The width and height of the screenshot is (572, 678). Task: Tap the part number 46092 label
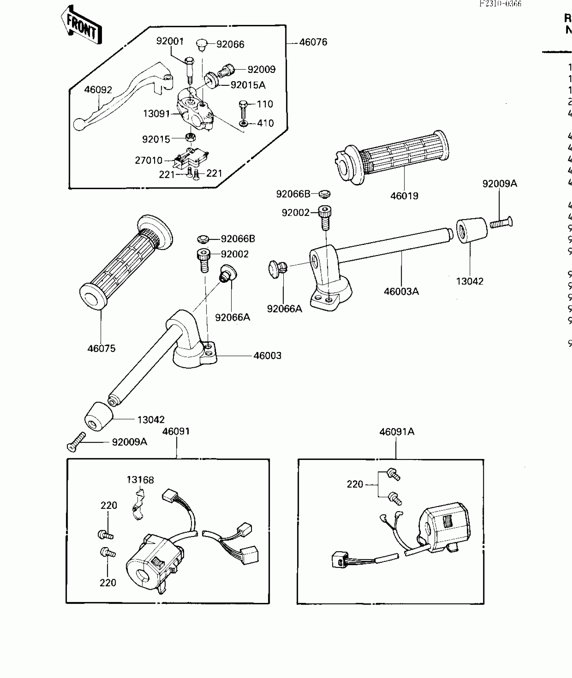(98, 90)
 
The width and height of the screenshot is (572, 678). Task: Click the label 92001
(170, 41)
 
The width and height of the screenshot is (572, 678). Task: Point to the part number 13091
(156, 114)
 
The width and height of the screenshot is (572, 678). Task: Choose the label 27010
(149, 160)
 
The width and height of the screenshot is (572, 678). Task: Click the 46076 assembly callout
(313, 42)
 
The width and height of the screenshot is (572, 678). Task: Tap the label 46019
(404, 196)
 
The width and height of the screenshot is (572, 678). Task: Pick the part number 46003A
(401, 291)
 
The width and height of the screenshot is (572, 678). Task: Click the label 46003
(267, 356)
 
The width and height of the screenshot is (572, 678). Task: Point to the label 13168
(140, 480)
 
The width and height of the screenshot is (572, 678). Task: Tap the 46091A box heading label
(397, 432)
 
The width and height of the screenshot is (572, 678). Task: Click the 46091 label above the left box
(176, 431)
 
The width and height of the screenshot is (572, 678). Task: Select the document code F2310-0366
(500, 4)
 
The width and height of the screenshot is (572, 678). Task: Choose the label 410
(265, 123)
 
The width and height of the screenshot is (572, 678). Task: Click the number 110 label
(265, 104)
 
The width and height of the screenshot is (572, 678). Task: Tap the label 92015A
(248, 85)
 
